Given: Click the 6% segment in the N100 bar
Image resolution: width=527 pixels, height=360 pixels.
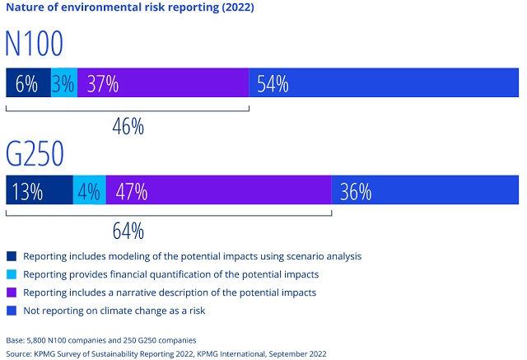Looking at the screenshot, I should click(28, 83).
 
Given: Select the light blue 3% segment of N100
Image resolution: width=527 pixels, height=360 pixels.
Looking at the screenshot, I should click(64, 83).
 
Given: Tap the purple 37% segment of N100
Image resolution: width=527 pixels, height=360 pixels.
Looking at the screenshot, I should click(163, 83).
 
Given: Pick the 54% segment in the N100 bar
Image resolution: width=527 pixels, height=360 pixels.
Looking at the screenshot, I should click(384, 83).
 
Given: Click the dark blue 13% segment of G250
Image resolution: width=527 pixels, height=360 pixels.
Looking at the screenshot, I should click(39, 191).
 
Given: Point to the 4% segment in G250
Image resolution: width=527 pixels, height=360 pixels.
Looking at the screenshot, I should click(89, 191).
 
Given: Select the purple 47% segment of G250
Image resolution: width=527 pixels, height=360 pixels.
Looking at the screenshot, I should click(218, 191).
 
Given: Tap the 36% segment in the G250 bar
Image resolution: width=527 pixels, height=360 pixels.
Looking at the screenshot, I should click(425, 191).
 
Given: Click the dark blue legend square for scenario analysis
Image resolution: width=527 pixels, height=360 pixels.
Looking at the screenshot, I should click(11, 256).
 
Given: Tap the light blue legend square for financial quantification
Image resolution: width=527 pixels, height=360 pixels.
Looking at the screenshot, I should click(11, 274).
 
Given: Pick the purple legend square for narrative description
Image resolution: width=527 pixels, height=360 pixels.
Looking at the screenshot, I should click(11, 292).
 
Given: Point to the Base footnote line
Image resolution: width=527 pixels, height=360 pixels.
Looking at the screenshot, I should click(114, 339).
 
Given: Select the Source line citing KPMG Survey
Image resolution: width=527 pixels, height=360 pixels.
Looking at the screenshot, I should click(166, 353).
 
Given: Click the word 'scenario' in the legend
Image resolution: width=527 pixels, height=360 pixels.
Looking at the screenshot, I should click(298, 256).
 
